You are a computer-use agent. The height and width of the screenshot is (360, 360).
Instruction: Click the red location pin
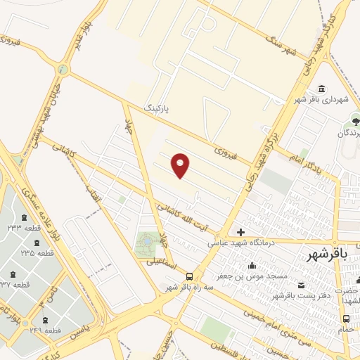point(181,165)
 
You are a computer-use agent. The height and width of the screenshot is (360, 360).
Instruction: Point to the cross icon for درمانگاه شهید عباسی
point(240,231)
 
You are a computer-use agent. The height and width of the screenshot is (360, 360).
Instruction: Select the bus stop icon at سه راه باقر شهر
point(189,276)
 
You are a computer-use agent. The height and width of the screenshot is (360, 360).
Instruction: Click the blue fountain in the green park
point(146,241)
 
